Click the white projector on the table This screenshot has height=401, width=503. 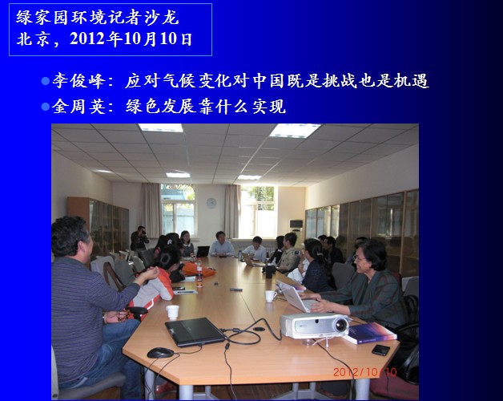pyautogui.click(x=314, y=326)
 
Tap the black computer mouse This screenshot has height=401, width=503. pyautogui.click(x=160, y=353)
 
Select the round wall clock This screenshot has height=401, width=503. pyautogui.click(x=211, y=203)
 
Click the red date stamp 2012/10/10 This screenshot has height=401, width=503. pyautogui.click(x=364, y=372)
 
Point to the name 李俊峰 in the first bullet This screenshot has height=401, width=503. pyautogui.click(x=78, y=80)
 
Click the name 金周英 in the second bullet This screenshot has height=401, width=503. pyautogui.click(x=78, y=107)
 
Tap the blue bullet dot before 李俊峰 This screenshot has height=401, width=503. pyautogui.click(x=45, y=81)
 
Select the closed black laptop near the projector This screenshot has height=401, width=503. pyautogui.click(x=195, y=331)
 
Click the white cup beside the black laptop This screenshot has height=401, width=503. pyautogui.click(x=172, y=312)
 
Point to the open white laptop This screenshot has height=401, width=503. pyautogui.click(x=293, y=296)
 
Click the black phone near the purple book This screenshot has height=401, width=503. pyautogui.click(x=380, y=350)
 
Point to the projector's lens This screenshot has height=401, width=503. pyautogui.click(x=340, y=325)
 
